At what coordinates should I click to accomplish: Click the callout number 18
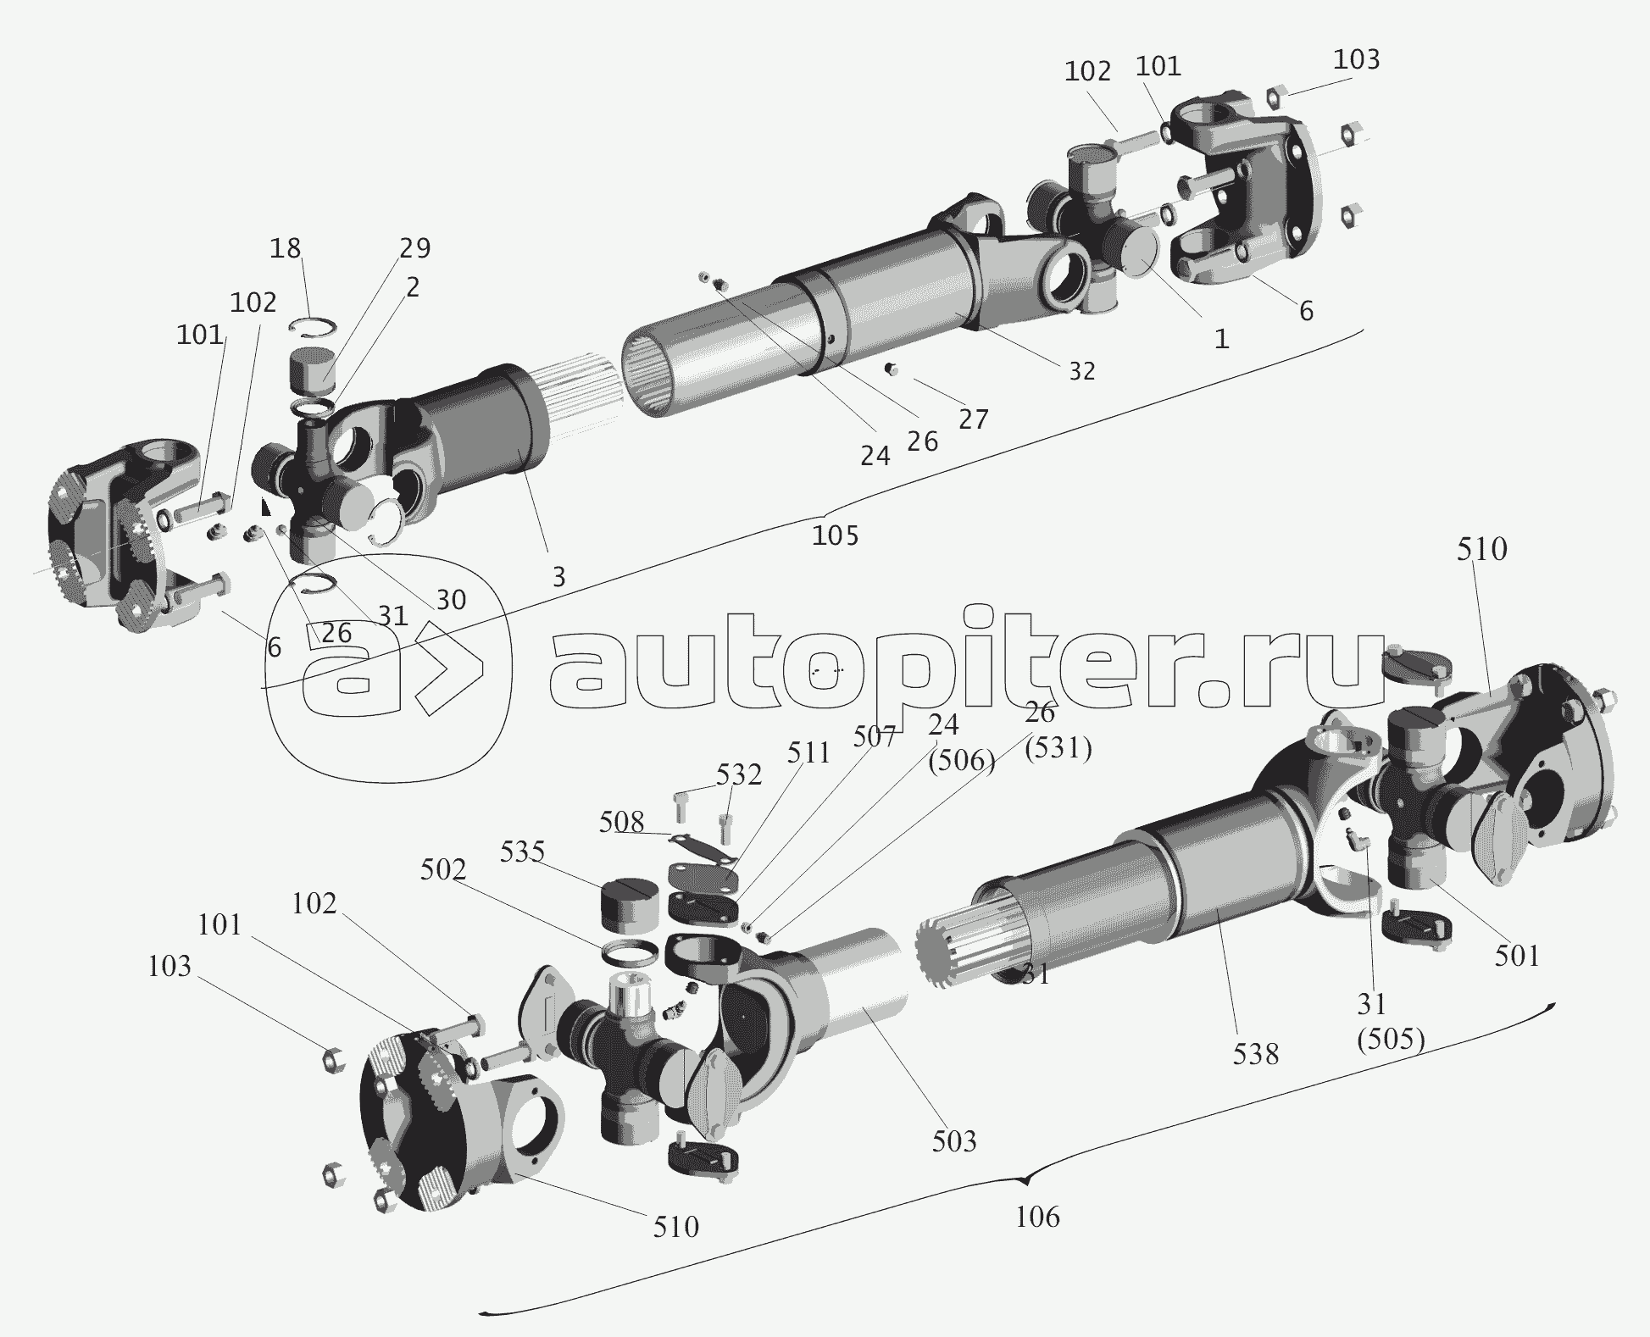point(286,248)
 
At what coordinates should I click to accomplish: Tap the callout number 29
point(414,248)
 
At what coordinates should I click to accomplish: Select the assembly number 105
point(836,535)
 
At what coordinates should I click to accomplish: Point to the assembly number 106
point(1037,1217)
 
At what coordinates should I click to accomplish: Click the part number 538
point(1256,1054)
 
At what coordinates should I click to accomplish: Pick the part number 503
point(954,1141)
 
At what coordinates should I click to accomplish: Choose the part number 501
point(1517,956)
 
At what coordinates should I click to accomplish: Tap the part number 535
point(522,852)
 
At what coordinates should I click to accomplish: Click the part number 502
point(443,869)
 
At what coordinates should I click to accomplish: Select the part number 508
point(622,822)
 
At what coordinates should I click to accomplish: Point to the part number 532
point(739,774)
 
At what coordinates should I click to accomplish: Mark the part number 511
point(808,753)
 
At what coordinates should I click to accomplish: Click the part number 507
point(875,737)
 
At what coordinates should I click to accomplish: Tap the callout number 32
point(1081,370)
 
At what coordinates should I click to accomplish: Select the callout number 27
point(974,419)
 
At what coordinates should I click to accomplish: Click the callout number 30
point(452,600)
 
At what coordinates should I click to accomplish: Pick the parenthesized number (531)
point(1058,747)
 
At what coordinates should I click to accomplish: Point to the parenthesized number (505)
point(1391,1039)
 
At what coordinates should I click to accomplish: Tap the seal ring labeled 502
point(629,952)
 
